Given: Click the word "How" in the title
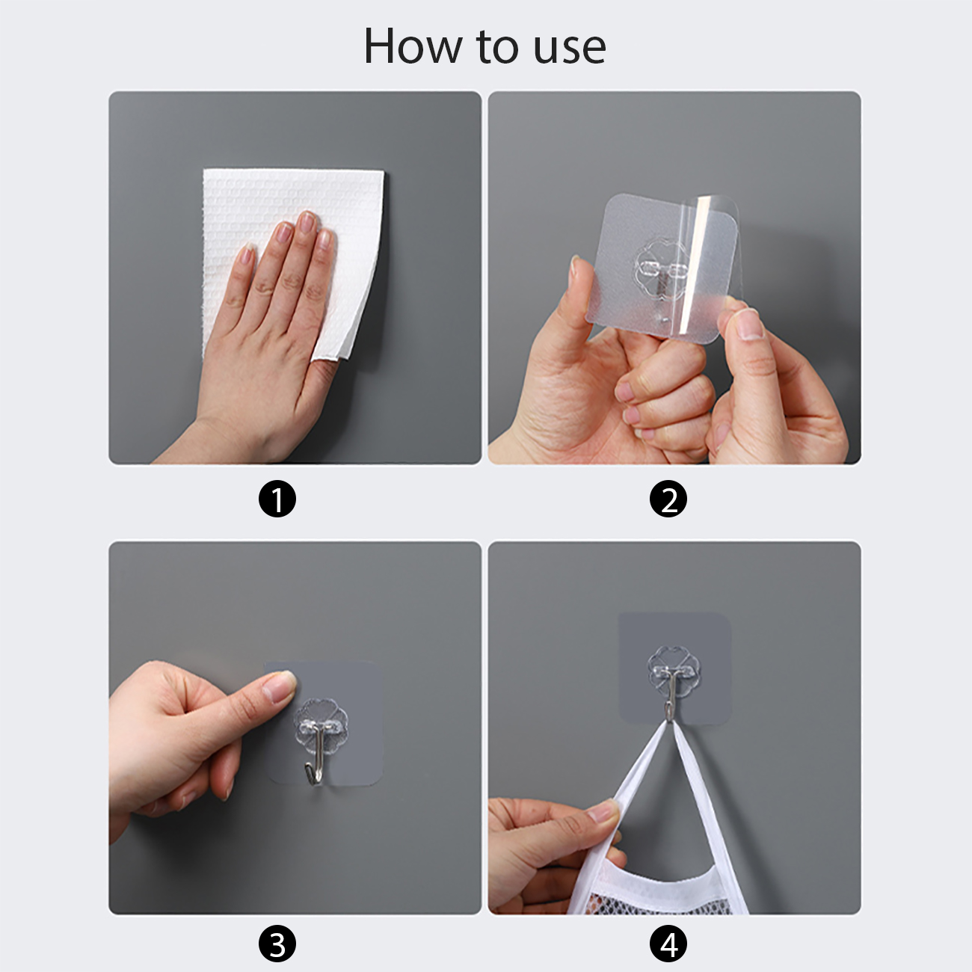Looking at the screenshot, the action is point(412,46).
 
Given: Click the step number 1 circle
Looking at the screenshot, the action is point(277,499).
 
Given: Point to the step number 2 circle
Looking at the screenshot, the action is point(668,499).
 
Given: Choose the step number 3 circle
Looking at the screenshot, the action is point(277,943).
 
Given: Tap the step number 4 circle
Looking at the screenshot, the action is point(668,943).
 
